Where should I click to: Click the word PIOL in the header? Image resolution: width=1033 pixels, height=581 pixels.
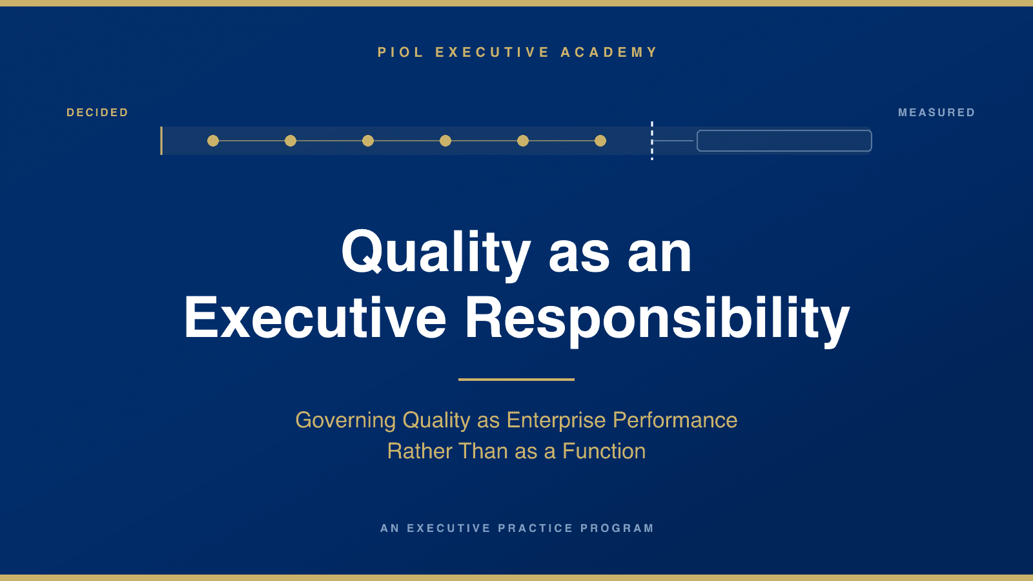point(400,52)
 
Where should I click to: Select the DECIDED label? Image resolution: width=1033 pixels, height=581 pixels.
point(97,112)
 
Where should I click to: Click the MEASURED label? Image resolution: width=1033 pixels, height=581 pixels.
point(937,112)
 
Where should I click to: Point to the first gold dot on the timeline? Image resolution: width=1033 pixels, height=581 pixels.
point(213,141)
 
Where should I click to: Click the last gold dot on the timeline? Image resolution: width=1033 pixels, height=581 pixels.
point(600,141)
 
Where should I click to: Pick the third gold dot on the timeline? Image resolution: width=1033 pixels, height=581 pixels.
point(368,141)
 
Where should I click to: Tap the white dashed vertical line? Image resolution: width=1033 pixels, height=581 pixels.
point(652,141)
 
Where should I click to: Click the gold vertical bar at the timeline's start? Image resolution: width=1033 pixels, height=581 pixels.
point(161,141)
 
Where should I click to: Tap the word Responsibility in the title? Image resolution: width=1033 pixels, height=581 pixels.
point(657,319)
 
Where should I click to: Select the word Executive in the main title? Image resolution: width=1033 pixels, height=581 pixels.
point(316,318)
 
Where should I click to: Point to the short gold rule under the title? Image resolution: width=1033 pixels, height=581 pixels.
point(516,380)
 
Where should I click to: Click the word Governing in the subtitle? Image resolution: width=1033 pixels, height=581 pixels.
point(345,420)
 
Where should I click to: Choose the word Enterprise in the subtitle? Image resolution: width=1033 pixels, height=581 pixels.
point(556,420)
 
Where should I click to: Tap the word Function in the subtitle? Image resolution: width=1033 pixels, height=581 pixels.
point(604,451)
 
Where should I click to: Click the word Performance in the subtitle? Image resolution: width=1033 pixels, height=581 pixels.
point(675,420)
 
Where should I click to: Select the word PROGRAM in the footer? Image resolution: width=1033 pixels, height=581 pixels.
point(617,528)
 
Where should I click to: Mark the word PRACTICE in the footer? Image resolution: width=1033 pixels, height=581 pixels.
point(535,528)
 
